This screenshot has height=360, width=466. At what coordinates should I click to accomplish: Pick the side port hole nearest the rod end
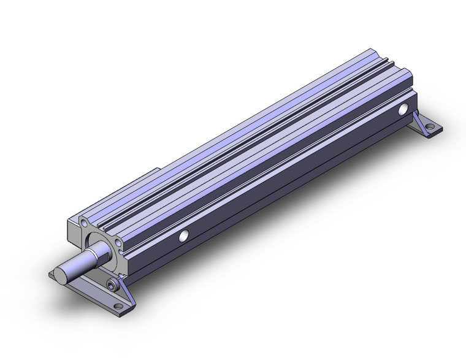click(183, 236)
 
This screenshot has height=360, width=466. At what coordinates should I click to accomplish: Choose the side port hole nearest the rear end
click(403, 110)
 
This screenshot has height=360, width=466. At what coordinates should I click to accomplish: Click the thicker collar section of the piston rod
click(98, 251)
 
